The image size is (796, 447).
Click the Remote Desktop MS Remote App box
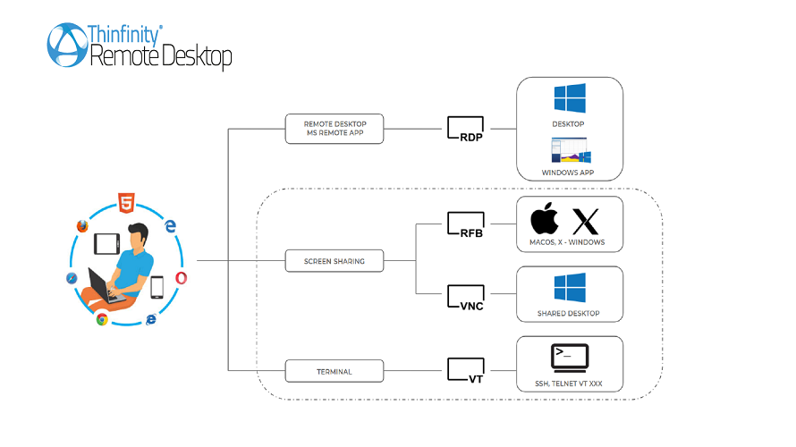pyautogui.click(x=334, y=129)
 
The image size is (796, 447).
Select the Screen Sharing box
pyautogui.click(x=334, y=261)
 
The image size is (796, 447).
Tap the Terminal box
pyautogui.click(x=334, y=370)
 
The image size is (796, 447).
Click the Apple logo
pyautogui.click(x=544, y=219)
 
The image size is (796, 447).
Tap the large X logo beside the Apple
pyautogui.click(x=586, y=220)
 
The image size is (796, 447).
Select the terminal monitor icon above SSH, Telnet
pyautogui.click(x=569, y=358)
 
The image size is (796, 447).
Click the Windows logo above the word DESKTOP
pyautogui.click(x=569, y=97)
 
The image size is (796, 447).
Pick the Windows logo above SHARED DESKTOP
pyautogui.click(x=569, y=288)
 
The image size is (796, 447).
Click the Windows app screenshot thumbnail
pyautogui.click(x=569, y=150)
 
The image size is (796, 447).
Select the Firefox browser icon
pyautogui.click(x=83, y=226)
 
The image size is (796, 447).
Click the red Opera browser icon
pyautogui.click(x=182, y=278)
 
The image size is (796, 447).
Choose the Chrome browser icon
pyautogui.click(x=103, y=319)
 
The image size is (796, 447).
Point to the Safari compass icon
pyautogui.click(x=72, y=279)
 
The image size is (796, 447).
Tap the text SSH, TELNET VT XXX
pyautogui.click(x=569, y=385)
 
